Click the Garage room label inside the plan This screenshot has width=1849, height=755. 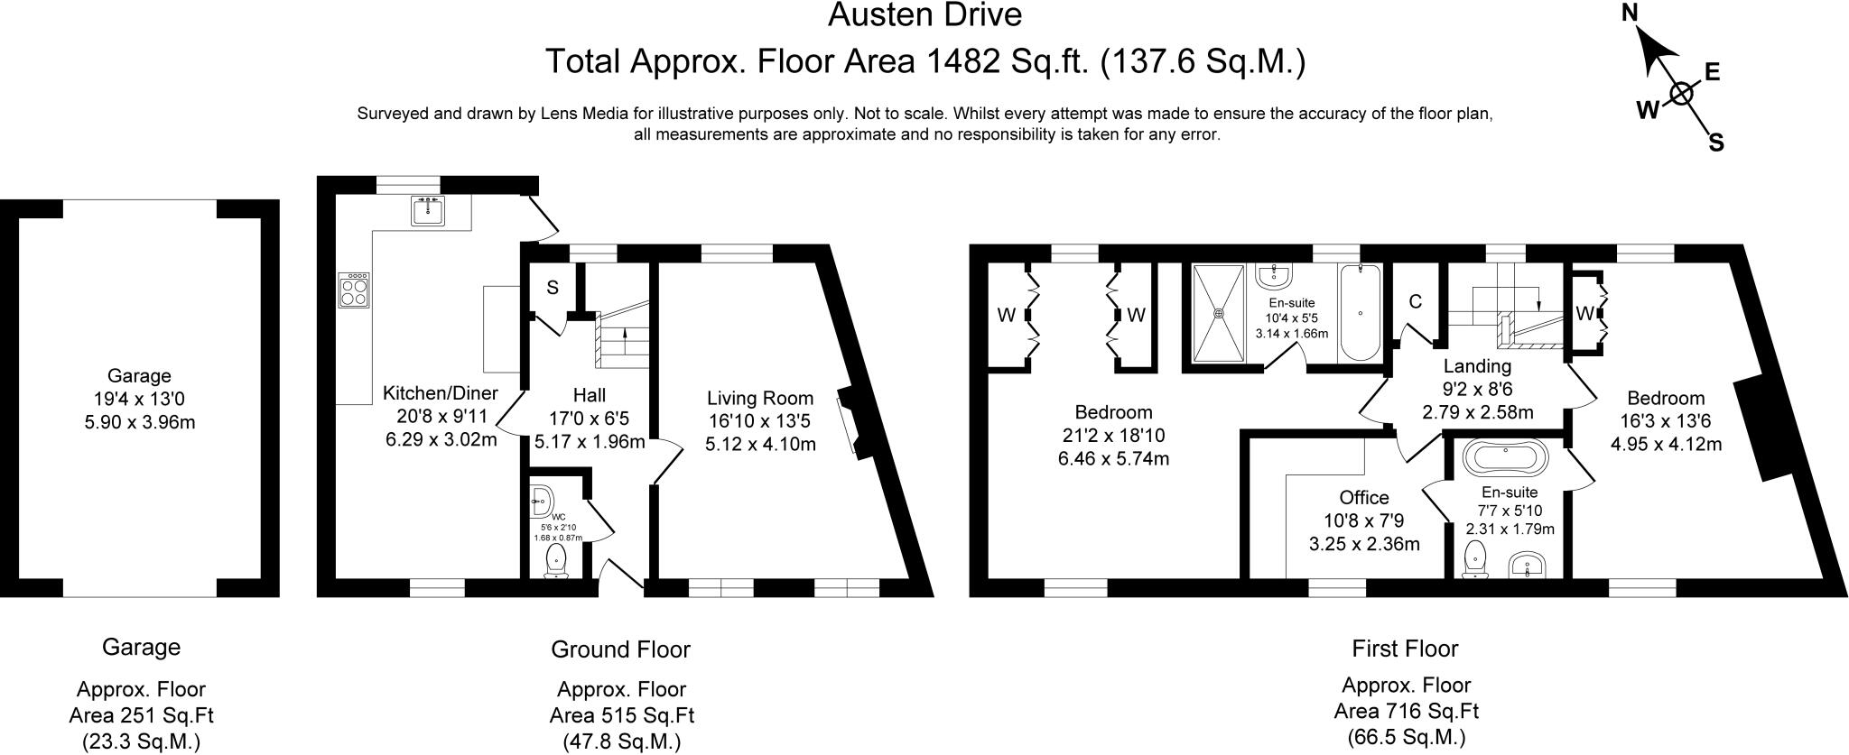pyautogui.click(x=139, y=376)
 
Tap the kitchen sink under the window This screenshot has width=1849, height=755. pyautogui.click(x=428, y=210)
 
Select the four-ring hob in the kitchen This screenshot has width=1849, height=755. pyautogui.click(x=354, y=291)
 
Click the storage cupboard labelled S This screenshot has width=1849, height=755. pyautogui.click(x=552, y=288)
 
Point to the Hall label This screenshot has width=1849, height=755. pyautogui.click(x=589, y=395)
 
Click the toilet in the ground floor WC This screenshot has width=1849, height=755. pyautogui.click(x=557, y=559)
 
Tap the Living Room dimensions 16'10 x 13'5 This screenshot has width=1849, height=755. pyautogui.click(x=760, y=420)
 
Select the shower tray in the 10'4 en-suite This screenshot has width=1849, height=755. pyautogui.click(x=1220, y=313)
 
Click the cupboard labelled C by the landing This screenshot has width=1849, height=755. pyautogui.click(x=1415, y=301)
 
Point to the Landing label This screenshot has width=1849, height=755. pyautogui.click(x=1477, y=366)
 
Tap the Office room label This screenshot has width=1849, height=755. pyautogui.click(x=1363, y=498)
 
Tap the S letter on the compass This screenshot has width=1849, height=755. pyautogui.click(x=1716, y=143)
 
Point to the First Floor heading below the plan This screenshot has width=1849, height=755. pyautogui.click(x=1404, y=648)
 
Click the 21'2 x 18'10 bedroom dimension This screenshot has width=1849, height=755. pyautogui.click(x=1113, y=436)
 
